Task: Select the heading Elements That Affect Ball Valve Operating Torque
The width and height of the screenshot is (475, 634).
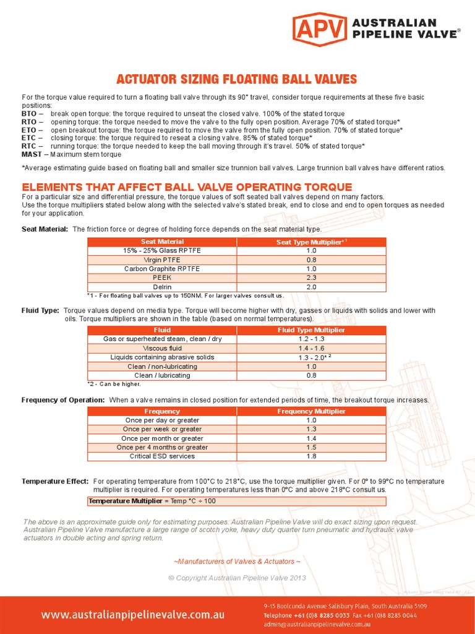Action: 187,187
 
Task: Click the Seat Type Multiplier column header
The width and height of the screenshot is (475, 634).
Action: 311,242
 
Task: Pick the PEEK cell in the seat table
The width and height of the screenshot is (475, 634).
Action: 162,278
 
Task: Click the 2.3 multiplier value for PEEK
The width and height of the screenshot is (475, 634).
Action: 311,278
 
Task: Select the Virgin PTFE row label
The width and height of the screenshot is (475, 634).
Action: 162,260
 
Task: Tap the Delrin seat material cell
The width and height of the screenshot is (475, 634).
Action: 162,287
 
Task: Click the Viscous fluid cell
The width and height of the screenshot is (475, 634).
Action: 162,349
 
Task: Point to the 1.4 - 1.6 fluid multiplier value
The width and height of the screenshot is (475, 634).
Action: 311,349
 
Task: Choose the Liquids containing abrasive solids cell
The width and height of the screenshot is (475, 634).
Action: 162,357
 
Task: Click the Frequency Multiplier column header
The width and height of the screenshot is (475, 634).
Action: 311,411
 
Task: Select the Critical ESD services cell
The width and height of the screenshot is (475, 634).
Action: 162,456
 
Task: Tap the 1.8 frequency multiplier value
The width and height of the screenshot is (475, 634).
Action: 311,456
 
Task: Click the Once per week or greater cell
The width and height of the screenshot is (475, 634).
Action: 162,429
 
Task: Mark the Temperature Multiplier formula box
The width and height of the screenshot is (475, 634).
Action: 152,501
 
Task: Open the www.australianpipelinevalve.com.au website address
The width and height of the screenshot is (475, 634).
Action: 133,615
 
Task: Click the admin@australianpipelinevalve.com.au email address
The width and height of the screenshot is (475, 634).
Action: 317,625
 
